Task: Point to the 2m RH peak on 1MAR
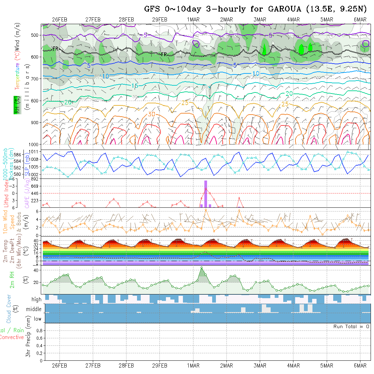[202, 268]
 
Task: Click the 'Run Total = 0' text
[351, 326]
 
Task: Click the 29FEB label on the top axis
[159, 20]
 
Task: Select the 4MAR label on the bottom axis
[293, 366]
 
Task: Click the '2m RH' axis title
[12, 279]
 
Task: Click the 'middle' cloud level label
[34, 309]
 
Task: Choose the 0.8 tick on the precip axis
[39, 330]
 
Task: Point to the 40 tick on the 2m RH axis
[35, 270]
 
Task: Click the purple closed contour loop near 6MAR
[366, 43]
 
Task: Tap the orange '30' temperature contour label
[152, 114]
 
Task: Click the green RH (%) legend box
[16, 105]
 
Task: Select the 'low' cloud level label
[37, 319]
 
